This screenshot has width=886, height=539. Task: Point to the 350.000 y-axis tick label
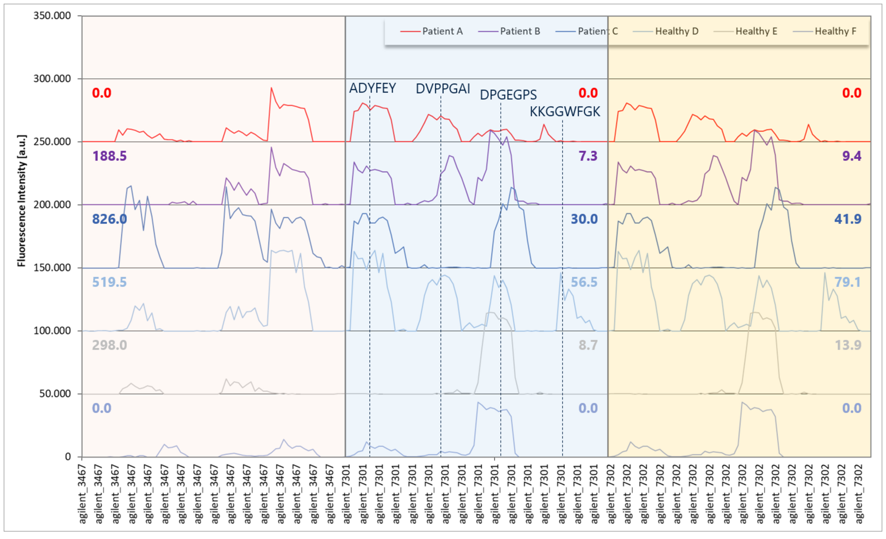pyautogui.click(x=52, y=16)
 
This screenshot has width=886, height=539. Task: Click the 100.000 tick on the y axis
pyautogui.click(x=52, y=331)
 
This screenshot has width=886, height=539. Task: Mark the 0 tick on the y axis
pyautogui.click(x=68, y=457)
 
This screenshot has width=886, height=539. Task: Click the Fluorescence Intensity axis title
pyautogui.click(x=21, y=201)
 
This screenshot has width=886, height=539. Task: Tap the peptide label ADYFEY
pyautogui.click(x=372, y=88)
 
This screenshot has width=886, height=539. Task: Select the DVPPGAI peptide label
pyautogui.click(x=443, y=89)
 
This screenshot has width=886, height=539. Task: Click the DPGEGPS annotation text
pyautogui.click(x=508, y=95)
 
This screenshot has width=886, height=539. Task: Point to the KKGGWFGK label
pyautogui.click(x=565, y=112)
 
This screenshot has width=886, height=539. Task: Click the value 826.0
pyautogui.click(x=109, y=219)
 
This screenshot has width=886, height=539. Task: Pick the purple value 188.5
pyautogui.click(x=109, y=156)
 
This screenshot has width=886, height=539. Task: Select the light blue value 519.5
pyautogui.click(x=109, y=282)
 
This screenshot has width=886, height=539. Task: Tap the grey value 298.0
pyautogui.click(x=109, y=345)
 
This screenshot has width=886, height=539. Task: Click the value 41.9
pyautogui.click(x=848, y=219)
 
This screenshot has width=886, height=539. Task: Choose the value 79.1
pyautogui.click(x=848, y=282)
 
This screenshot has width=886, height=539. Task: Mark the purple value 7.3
pyautogui.click(x=588, y=156)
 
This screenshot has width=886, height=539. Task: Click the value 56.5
pyautogui.click(x=584, y=282)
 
